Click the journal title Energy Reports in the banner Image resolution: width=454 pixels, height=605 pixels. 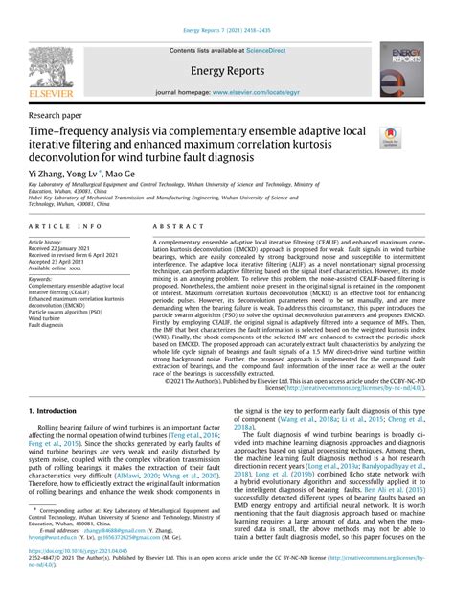coord(226,70)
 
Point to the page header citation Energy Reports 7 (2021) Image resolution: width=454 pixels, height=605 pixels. coord(226,6)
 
